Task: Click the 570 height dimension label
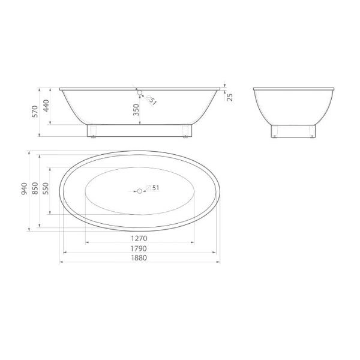[x=35, y=112]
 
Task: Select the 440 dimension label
[x=46, y=106]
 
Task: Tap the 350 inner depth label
[x=136, y=110]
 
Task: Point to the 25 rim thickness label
[x=230, y=97]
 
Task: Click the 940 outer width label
[x=25, y=189]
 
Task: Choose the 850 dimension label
[x=35, y=188]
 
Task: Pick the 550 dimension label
[x=46, y=188]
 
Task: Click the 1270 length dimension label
[x=139, y=238]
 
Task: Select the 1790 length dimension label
[x=139, y=248]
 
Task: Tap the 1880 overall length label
[x=139, y=258]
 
